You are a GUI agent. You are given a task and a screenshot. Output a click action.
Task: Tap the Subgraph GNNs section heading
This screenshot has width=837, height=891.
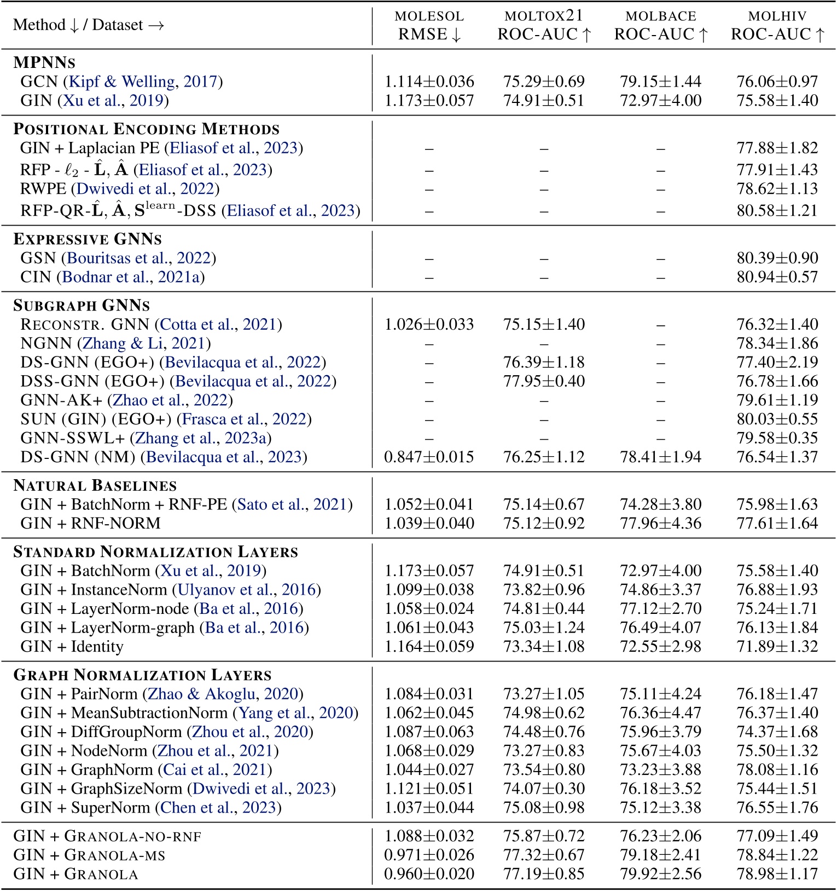click(x=82, y=305)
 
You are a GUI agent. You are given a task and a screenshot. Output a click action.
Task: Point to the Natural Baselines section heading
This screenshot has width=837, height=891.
click(x=95, y=485)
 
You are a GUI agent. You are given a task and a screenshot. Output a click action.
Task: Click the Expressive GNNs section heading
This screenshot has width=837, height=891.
click(x=88, y=239)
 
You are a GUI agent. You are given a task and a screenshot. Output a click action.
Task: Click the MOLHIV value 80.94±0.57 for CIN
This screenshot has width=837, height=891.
click(x=777, y=277)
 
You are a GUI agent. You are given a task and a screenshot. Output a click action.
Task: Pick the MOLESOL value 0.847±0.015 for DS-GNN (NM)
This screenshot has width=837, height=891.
click(x=429, y=457)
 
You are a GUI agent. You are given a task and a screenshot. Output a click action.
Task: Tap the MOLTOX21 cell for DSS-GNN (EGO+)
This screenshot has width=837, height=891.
click(x=544, y=381)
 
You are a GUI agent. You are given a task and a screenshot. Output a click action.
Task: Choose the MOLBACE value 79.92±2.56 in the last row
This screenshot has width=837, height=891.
click(x=660, y=873)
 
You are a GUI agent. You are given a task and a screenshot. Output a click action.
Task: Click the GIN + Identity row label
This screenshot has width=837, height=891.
click(x=72, y=646)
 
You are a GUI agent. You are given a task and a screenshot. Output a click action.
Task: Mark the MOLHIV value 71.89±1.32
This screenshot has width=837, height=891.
click(x=777, y=646)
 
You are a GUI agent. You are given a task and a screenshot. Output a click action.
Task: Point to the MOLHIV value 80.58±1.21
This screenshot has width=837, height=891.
click(x=777, y=210)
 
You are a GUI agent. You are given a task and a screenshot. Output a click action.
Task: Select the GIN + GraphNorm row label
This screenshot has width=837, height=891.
click(x=146, y=769)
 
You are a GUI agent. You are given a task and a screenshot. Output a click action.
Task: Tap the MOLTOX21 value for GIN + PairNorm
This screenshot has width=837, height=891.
click(x=544, y=693)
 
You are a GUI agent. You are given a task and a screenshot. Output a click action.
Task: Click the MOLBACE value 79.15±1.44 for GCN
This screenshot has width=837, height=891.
click(x=660, y=82)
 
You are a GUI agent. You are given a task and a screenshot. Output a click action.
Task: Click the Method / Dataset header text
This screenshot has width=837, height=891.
click(x=89, y=25)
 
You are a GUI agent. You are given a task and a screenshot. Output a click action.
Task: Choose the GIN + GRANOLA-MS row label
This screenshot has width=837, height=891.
click(x=89, y=855)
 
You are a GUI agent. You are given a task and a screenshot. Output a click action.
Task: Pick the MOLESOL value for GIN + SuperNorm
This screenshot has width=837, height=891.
click(x=429, y=807)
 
